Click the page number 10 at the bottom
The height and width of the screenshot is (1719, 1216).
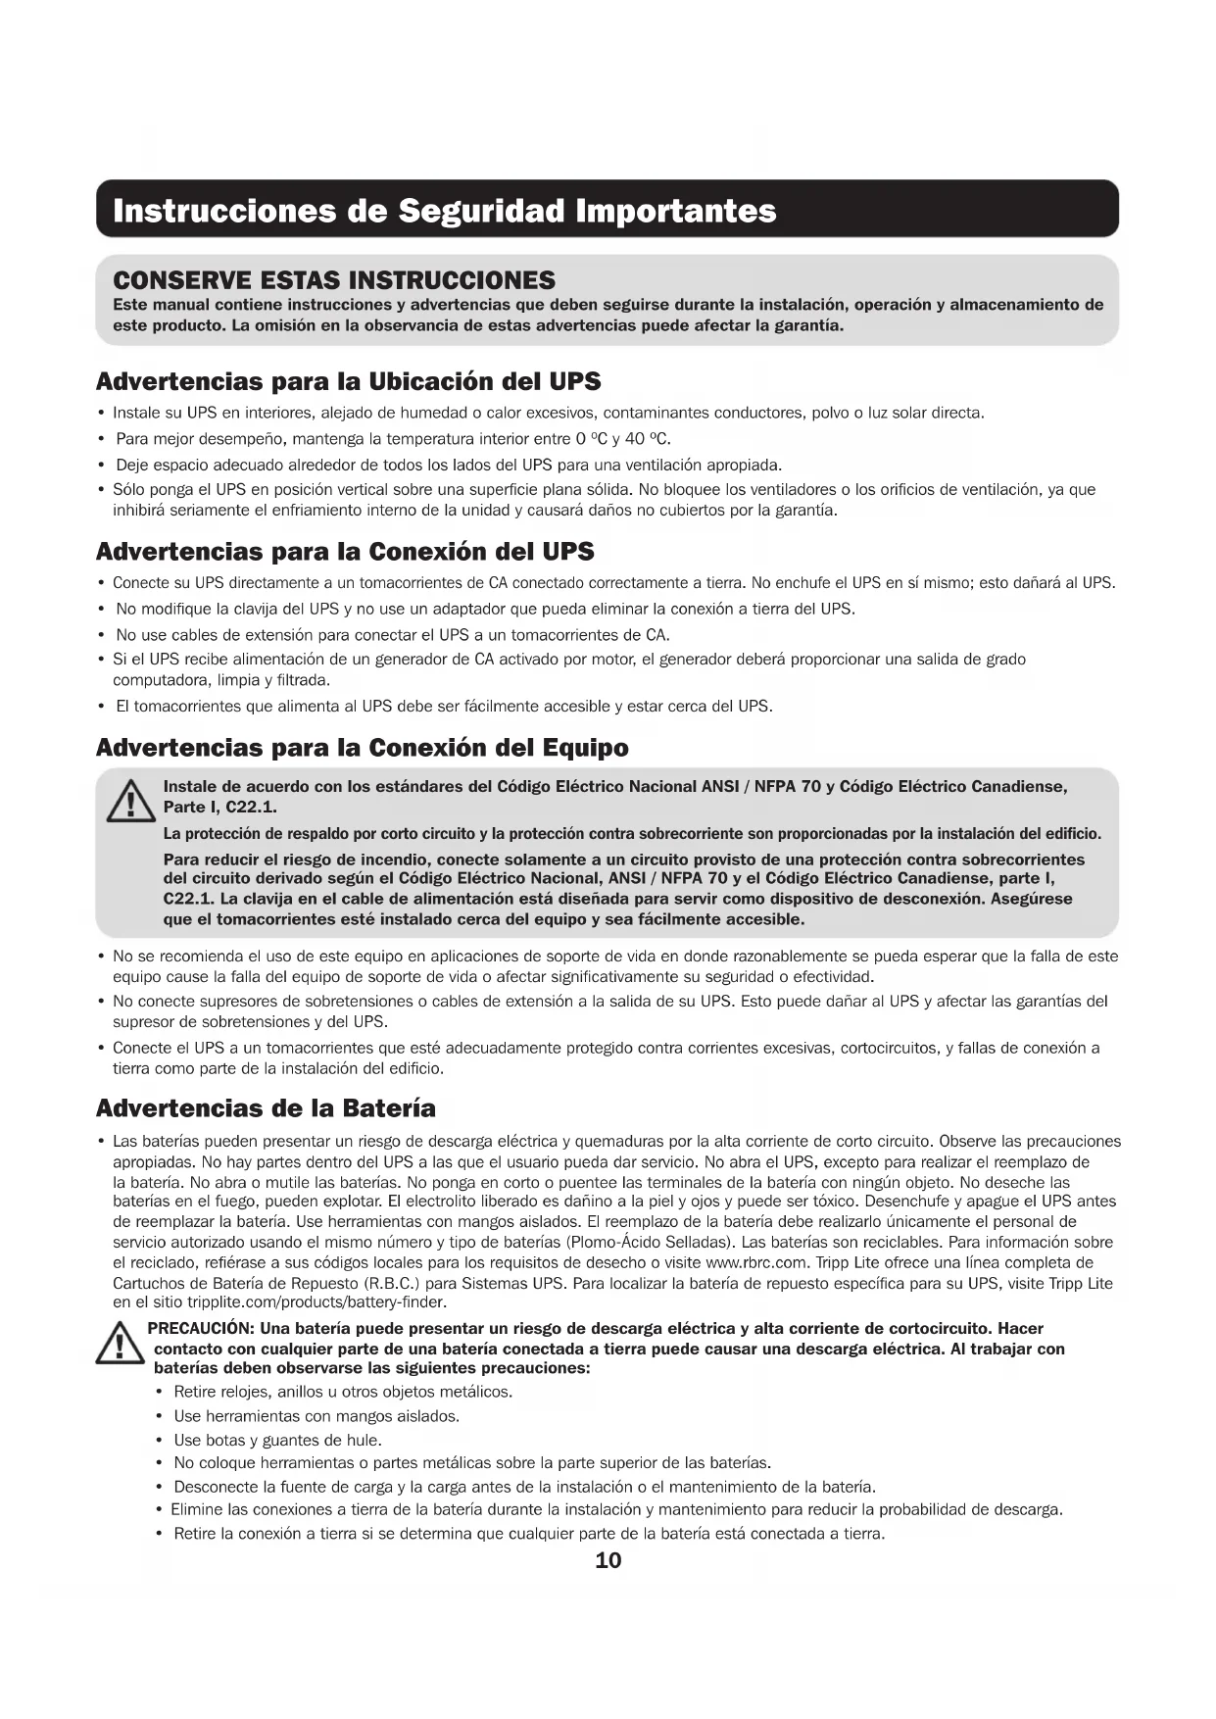(x=608, y=1560)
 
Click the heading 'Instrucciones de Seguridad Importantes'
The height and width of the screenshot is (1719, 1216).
(x=445, y=211)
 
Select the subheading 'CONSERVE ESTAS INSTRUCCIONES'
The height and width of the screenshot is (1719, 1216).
(x=334, y=280)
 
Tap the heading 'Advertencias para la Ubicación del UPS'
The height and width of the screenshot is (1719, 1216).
(x=348, y=380)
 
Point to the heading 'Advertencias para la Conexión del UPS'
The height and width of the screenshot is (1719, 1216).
(x=345, y=551)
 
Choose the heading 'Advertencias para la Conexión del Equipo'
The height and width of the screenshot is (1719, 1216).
(x=362, y=748)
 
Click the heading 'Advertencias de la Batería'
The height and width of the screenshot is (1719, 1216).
(x=266, y=1108)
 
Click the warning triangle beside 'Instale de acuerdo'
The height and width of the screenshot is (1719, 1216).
(x=124, y=802)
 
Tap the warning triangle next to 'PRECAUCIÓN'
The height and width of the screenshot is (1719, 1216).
(x=117, y=1343)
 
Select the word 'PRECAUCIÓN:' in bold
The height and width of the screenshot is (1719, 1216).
(x=202, y=1329)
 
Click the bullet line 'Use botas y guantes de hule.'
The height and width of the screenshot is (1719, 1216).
(x=277, y=1440)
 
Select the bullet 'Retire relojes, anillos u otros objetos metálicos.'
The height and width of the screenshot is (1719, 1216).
(x=343, y=1392)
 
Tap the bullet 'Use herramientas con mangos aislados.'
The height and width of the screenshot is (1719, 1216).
(x=316, y=1416)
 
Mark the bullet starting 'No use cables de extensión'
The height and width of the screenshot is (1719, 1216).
(x=393, y=634)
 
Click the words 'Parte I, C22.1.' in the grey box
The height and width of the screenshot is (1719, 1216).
(x=219, y=807)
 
